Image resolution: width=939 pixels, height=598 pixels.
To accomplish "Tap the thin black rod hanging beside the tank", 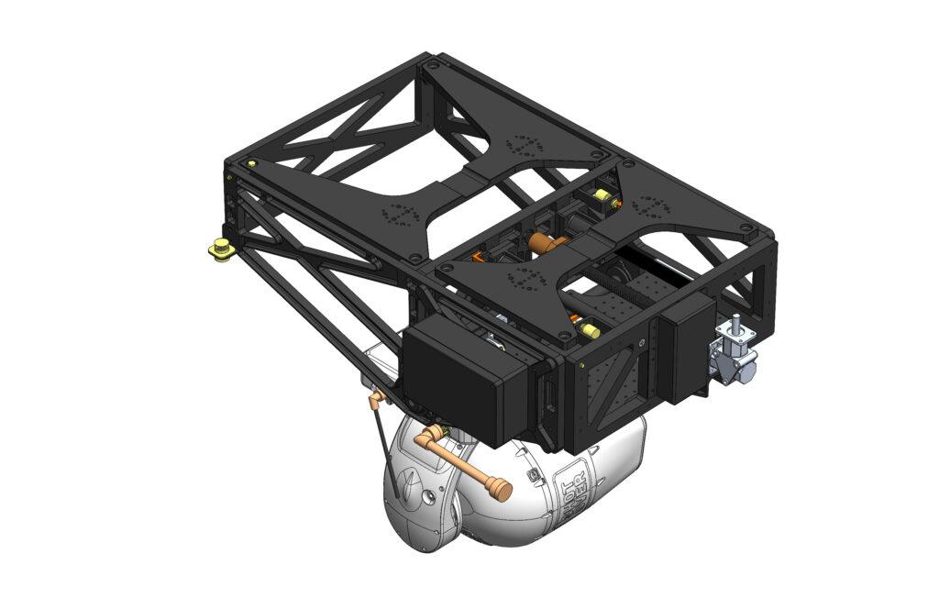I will (384, 440).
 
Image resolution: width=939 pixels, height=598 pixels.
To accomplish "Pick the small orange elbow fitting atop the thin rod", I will (374, 398).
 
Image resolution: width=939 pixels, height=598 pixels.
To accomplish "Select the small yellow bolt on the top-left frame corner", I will (251, 164).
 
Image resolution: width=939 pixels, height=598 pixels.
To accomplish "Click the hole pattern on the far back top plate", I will (525, 145).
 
